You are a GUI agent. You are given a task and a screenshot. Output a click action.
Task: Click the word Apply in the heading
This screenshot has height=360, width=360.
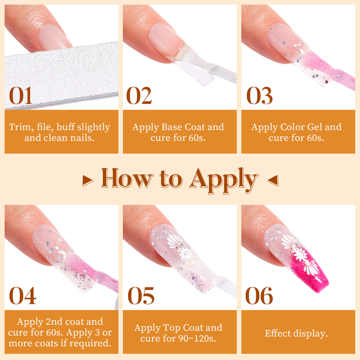[224, 179]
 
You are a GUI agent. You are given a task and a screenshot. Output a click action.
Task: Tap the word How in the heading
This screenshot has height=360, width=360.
[127, 178]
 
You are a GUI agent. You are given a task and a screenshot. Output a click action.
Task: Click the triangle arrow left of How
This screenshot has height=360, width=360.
[87, 180]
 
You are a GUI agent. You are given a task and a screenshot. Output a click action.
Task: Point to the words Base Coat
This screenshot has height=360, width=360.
[183, 127]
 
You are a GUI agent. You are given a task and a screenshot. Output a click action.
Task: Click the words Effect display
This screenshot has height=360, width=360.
[296, 333]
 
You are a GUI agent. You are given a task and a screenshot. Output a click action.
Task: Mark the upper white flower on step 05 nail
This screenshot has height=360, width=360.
[174, 242]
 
